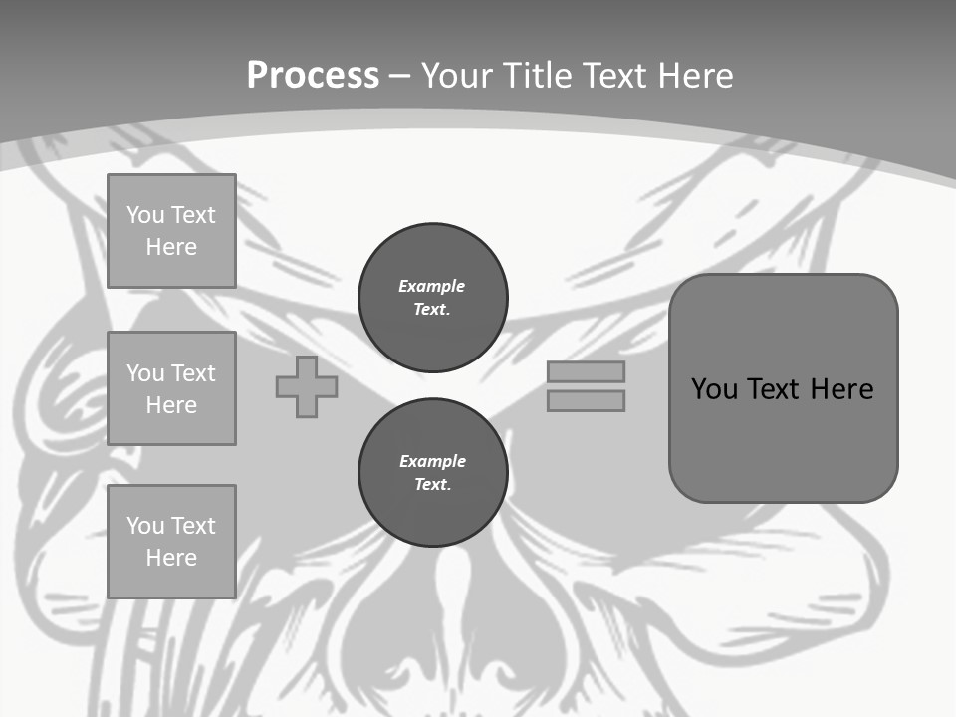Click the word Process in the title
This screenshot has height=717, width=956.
tap(313, 76)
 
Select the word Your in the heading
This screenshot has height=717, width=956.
tap(456, 76)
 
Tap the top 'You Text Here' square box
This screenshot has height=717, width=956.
tap(171, 231)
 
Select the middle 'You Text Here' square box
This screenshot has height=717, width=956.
tap(171, 388)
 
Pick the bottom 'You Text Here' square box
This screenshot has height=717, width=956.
tap(171, 542)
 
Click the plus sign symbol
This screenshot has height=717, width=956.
tap(307, 387)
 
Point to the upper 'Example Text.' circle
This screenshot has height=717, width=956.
tap(433, 298)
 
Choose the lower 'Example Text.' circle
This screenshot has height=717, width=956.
tap(433, 473)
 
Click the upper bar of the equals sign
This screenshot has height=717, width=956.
tap(587, 372)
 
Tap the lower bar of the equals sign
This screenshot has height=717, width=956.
tap(587, 401)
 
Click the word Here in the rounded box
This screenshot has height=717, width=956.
tap(841, 389)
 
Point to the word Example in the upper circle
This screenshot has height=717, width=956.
tap(432, 286)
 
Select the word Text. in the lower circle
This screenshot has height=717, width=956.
tap(433, 485)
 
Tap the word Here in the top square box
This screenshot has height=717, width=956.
tap(171, 247)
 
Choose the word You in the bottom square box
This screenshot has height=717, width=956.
tap(144, 526)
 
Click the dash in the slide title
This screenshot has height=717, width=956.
tap(400, 76)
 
